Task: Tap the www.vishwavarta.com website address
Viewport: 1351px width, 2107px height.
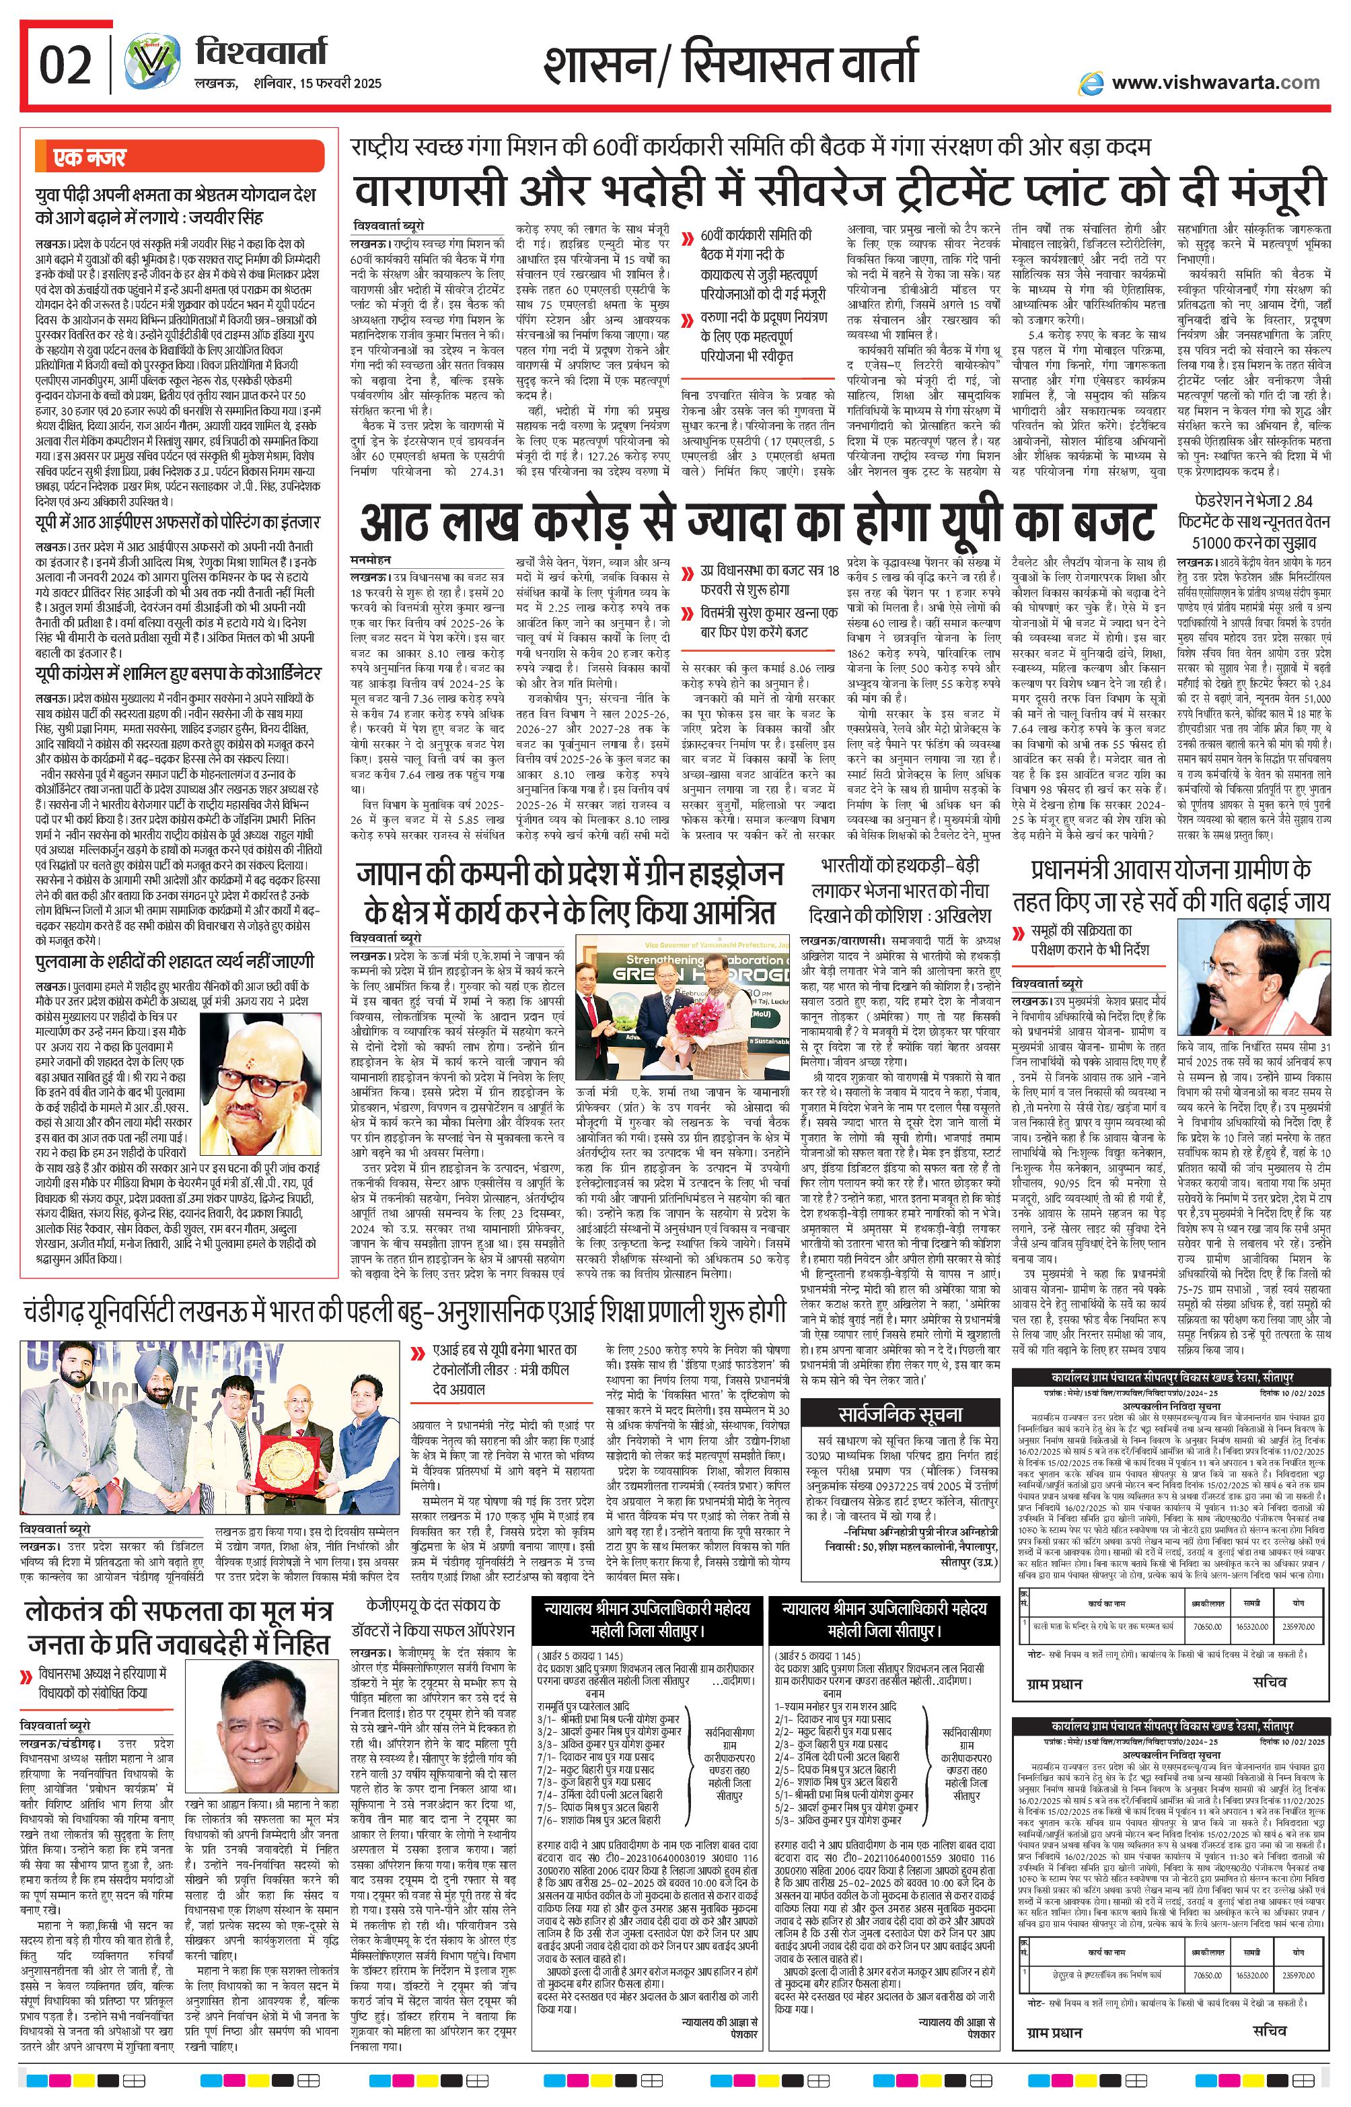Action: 1215,83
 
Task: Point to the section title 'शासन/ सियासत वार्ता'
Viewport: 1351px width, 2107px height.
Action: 730,66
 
